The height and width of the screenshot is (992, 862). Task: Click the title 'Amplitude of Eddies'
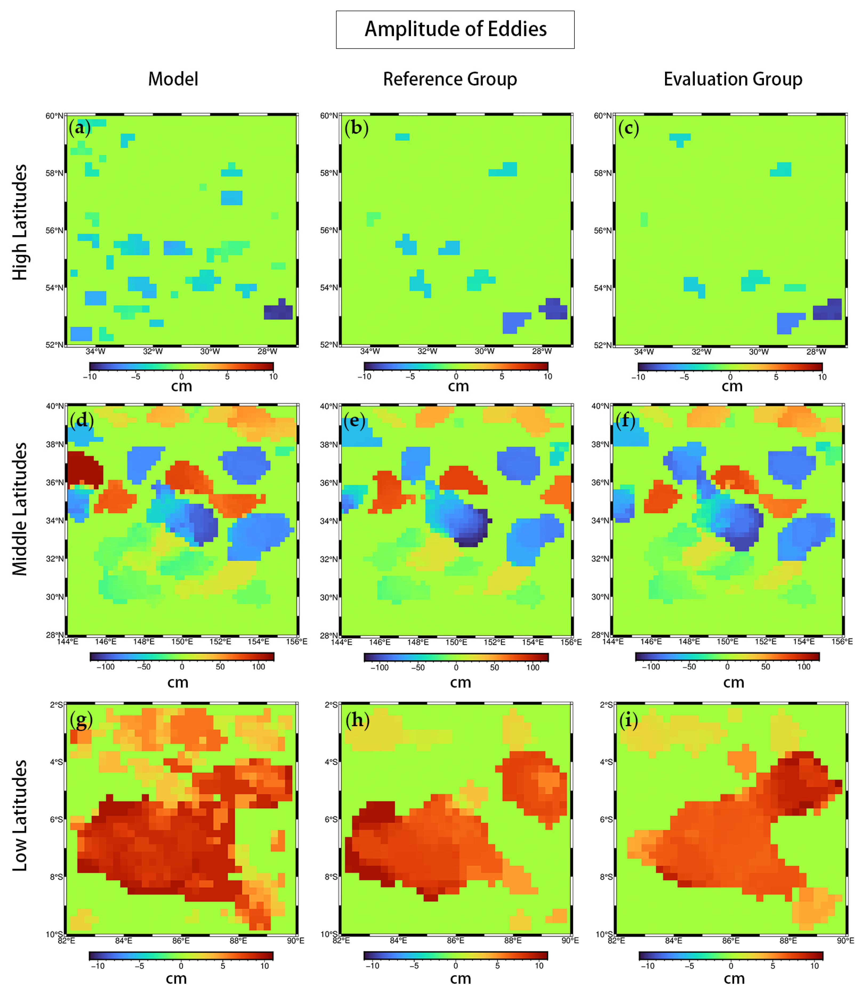[455, 29]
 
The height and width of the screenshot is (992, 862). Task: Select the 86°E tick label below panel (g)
[181, 941]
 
